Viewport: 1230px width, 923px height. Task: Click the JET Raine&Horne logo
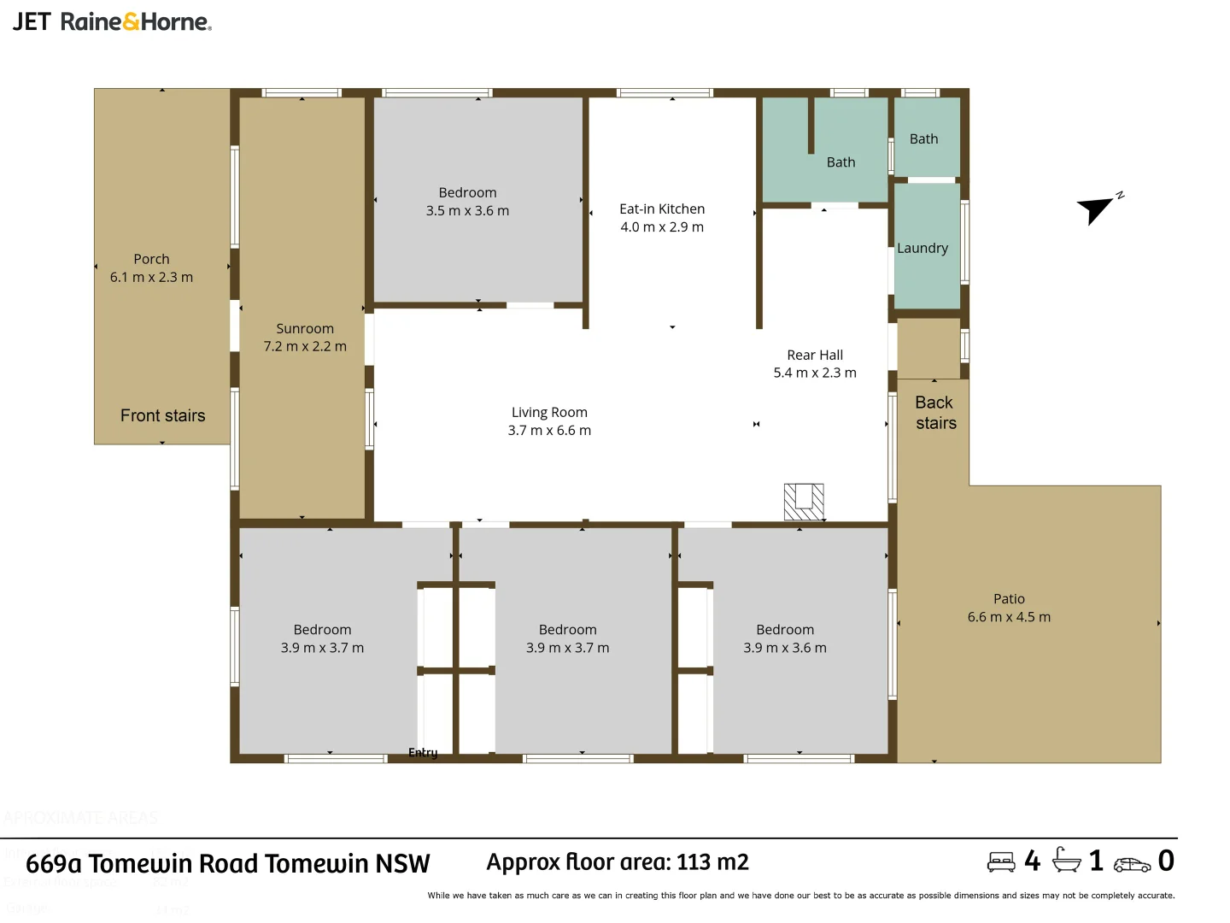click(112, 21)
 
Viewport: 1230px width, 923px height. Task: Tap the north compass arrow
click(1096, 209)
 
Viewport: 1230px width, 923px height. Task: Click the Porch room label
click(151, 259)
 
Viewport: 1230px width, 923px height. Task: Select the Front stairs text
click(162, 415)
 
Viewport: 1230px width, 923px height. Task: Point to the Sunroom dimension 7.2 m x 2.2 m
click(305, 346)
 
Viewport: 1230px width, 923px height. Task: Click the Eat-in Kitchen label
click(662, 209)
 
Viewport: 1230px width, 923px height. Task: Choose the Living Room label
click(549, 412)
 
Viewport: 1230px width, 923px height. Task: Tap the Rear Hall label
click(815, 355)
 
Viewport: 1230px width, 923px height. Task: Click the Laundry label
click(922, 248)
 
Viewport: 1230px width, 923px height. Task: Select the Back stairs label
click(935, 413)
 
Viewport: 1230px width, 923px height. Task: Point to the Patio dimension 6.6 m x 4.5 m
click(1009, 617)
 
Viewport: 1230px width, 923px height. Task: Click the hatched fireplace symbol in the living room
click(804, 502)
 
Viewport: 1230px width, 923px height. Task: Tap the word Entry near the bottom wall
click(423, 752)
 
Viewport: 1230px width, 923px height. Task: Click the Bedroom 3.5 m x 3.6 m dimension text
click(467, 210)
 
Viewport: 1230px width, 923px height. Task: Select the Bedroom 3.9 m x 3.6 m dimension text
click(785, 648)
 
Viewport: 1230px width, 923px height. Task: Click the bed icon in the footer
click(1001, 861)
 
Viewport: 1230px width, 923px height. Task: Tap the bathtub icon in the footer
click(1066, 860)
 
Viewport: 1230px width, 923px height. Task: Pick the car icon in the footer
click(1132, 864)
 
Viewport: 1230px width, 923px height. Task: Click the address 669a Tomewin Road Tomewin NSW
click(228, 863)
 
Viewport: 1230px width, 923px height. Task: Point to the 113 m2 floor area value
click(712, 861)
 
